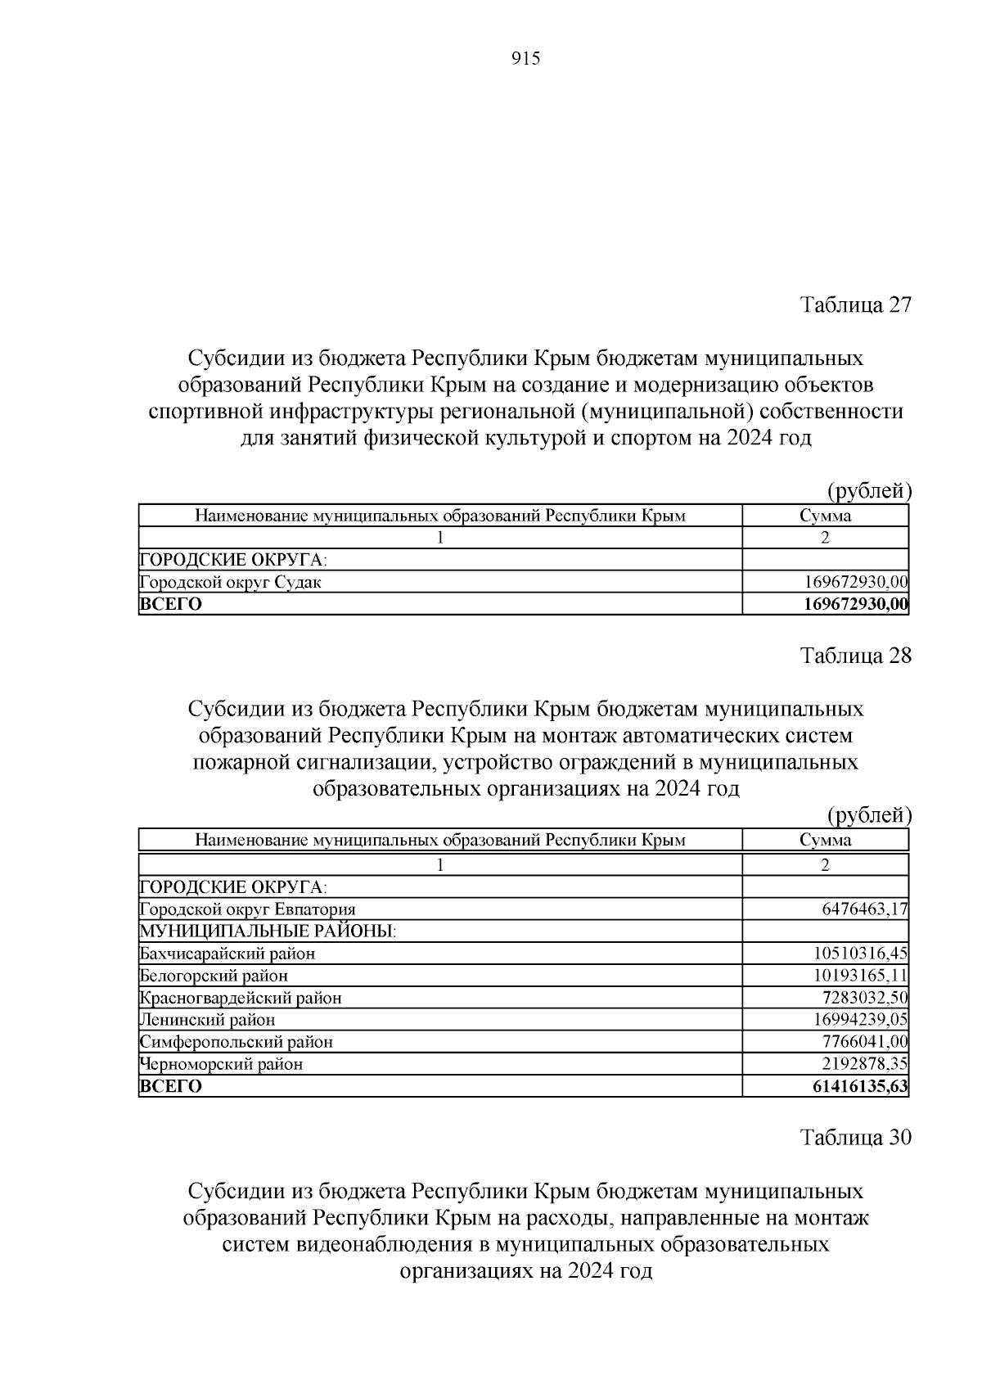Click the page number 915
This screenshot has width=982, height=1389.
(525, 59)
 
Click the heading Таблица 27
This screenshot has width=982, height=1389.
(854, 305)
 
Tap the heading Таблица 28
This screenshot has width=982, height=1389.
(854, 656)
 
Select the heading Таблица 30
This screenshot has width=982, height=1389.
(854, 1138)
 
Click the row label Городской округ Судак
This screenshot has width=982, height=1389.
(231, 583)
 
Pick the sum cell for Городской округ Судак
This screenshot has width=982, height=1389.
(856, 583)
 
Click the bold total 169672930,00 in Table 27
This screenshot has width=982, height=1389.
(856, 605)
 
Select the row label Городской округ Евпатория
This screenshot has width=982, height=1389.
(248, 909)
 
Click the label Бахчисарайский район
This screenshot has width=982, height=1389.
(227, 954)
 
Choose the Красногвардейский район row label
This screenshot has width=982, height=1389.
(241, 998)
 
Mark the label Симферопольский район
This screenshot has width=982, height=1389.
(236, 1042)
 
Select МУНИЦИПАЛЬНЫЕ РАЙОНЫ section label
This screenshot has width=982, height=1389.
(268, 931)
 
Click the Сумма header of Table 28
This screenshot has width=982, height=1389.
(825, 841)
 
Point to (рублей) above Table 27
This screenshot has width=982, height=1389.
(868, 491)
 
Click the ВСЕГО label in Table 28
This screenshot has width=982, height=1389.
(171, 1087)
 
